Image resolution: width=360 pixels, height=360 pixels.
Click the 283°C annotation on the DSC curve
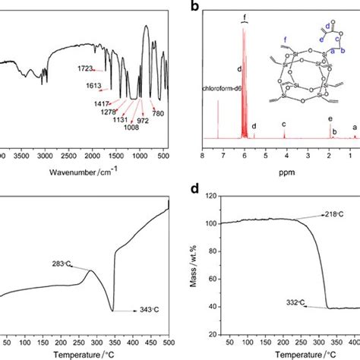click(74, 266)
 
